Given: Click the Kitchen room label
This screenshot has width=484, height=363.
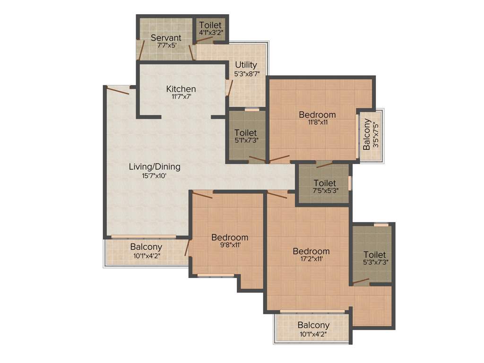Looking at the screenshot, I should (181, 89).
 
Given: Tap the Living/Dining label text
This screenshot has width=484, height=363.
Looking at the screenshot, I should (155, 167).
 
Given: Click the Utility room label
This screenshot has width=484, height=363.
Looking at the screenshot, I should (246, 65).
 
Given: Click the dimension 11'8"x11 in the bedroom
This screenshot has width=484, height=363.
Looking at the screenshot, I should (317, 122).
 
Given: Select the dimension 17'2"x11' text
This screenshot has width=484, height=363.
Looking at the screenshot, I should (311, 259).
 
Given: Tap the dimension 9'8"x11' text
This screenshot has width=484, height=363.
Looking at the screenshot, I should (229, 245).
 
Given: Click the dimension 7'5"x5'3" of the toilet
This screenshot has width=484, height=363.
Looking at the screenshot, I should (325, 191).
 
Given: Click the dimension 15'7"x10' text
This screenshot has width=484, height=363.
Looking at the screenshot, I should (155, 175).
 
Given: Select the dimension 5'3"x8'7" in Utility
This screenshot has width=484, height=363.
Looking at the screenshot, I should (246, 74).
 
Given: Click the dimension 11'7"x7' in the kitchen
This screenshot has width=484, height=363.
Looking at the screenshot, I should (181, 97).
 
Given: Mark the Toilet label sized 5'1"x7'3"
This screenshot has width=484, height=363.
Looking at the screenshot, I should (245, 133).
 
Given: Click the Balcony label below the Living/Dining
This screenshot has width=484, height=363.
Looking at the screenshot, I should (146, 247).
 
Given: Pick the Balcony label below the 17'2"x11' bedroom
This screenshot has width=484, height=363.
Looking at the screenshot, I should (313, 325).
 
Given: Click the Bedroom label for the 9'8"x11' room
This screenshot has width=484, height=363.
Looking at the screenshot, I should (229, 237).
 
